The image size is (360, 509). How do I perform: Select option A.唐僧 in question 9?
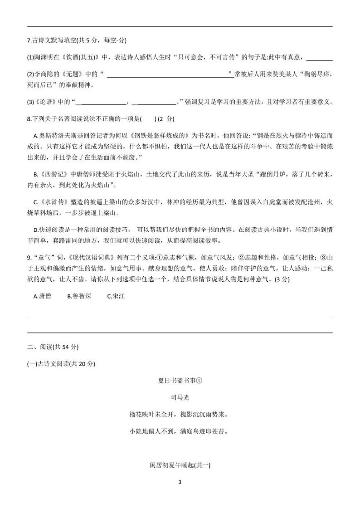click(42, 296)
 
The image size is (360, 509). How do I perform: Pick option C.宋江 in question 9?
click(116, 296)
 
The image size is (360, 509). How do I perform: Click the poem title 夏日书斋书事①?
click(180, 381)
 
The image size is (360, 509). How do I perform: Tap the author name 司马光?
click(180, 397)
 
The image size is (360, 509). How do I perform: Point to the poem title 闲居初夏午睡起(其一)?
click(180, 465)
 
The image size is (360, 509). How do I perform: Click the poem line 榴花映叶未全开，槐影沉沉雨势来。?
click(180, 414)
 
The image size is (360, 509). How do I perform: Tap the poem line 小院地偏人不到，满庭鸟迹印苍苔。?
click(180, 431)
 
